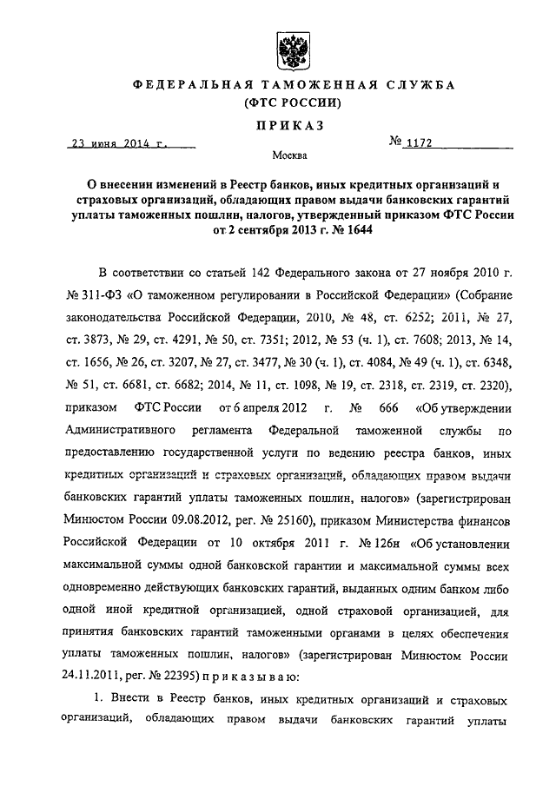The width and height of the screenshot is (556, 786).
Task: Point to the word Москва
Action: click(x=288, y=157)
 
